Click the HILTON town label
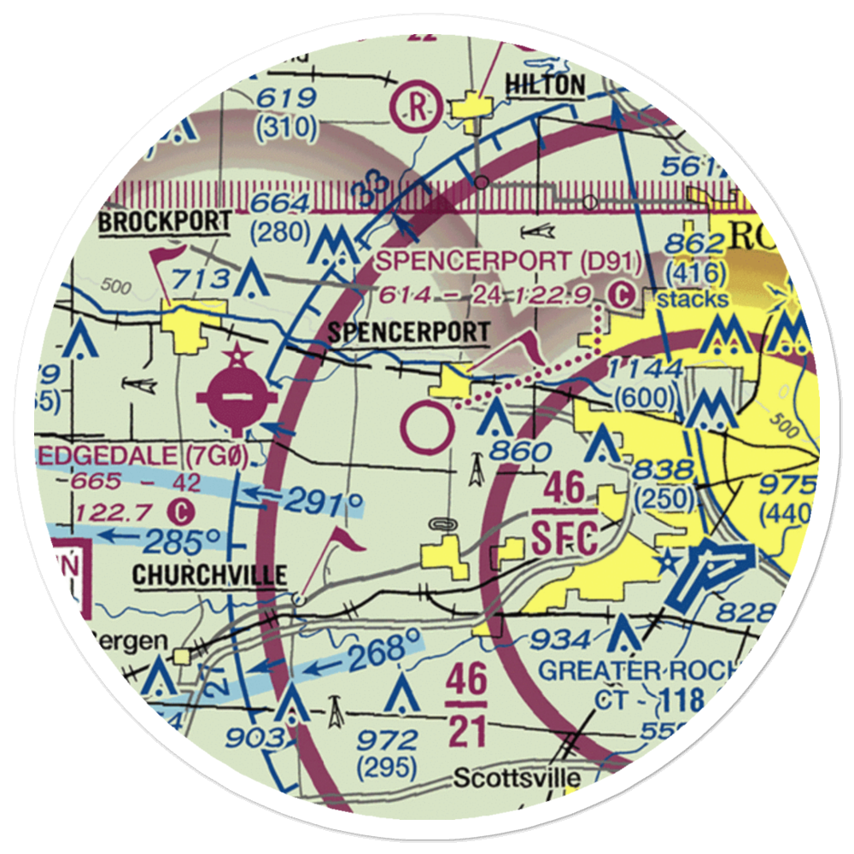[546, 85]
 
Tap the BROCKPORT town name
[165, 222]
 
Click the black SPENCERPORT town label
[409, 332]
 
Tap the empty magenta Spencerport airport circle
[427, 430]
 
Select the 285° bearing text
[182, 541]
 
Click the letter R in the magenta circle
[417, 108]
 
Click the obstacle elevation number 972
[389, 739]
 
